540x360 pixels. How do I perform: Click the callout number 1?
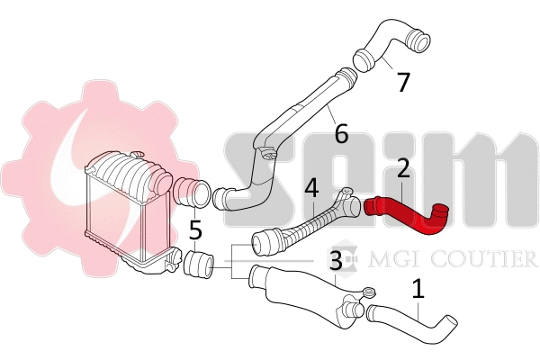click(418, 290)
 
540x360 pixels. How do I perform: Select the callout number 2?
click(403, 168)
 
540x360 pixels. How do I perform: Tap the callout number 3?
click(335, 262)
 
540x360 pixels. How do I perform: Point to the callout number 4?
click(311, 189)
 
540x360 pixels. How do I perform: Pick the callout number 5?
click(195, 231)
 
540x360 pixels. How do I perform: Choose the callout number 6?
click(340, 134)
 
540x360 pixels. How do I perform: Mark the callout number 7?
click(403, 82)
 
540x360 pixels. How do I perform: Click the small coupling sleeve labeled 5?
click(197, 265)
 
